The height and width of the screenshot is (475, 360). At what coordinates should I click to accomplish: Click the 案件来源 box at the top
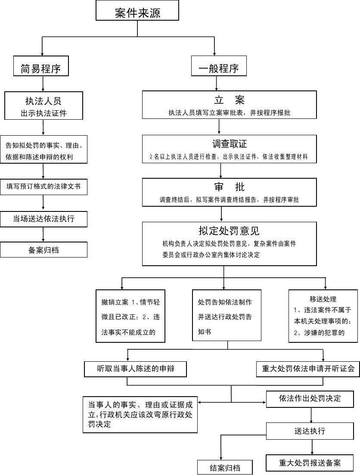click(137, 12)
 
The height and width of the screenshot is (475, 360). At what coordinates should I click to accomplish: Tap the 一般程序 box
click(219, 68)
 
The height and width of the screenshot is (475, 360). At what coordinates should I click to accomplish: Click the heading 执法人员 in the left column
click(43, 100)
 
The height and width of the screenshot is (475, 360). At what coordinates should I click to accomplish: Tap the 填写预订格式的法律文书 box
click(43, 187)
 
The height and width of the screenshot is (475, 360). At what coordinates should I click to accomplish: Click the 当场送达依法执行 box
click(43, 219)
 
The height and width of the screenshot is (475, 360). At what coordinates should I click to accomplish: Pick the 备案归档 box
click(43, 250)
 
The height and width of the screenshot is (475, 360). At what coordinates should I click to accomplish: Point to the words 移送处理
click(323, 299)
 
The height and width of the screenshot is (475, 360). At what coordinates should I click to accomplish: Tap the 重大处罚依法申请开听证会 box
click(308, 369)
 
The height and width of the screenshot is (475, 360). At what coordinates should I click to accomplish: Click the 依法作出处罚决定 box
click(310, 399)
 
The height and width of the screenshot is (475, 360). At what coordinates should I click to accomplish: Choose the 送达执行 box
click(310, 431)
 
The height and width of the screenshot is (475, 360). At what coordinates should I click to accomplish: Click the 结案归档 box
click(225, 468)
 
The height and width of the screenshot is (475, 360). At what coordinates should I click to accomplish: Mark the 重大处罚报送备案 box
click(310, 463)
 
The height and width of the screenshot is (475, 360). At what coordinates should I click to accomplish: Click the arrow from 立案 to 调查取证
click(220, 127)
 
